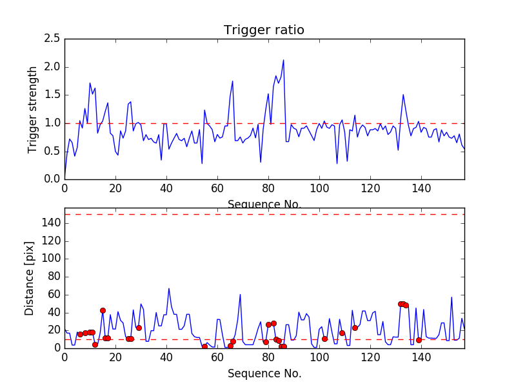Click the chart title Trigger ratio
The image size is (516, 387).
(264, 30)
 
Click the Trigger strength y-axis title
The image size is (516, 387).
(33, 109)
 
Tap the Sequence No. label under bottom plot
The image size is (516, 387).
(264, 373)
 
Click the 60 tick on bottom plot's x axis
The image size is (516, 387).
(217, 357)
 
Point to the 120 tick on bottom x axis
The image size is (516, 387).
(370, 357)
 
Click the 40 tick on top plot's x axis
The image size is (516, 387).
(166, 188)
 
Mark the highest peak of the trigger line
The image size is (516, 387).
(283, 60)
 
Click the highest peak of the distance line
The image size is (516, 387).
(169, 288)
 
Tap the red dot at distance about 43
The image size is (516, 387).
(103, 310)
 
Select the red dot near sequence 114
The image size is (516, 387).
(355, 328)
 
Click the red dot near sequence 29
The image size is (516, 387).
(139, 328)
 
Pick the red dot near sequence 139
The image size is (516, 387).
(419, 340)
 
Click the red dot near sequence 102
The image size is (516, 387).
(324, 339)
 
